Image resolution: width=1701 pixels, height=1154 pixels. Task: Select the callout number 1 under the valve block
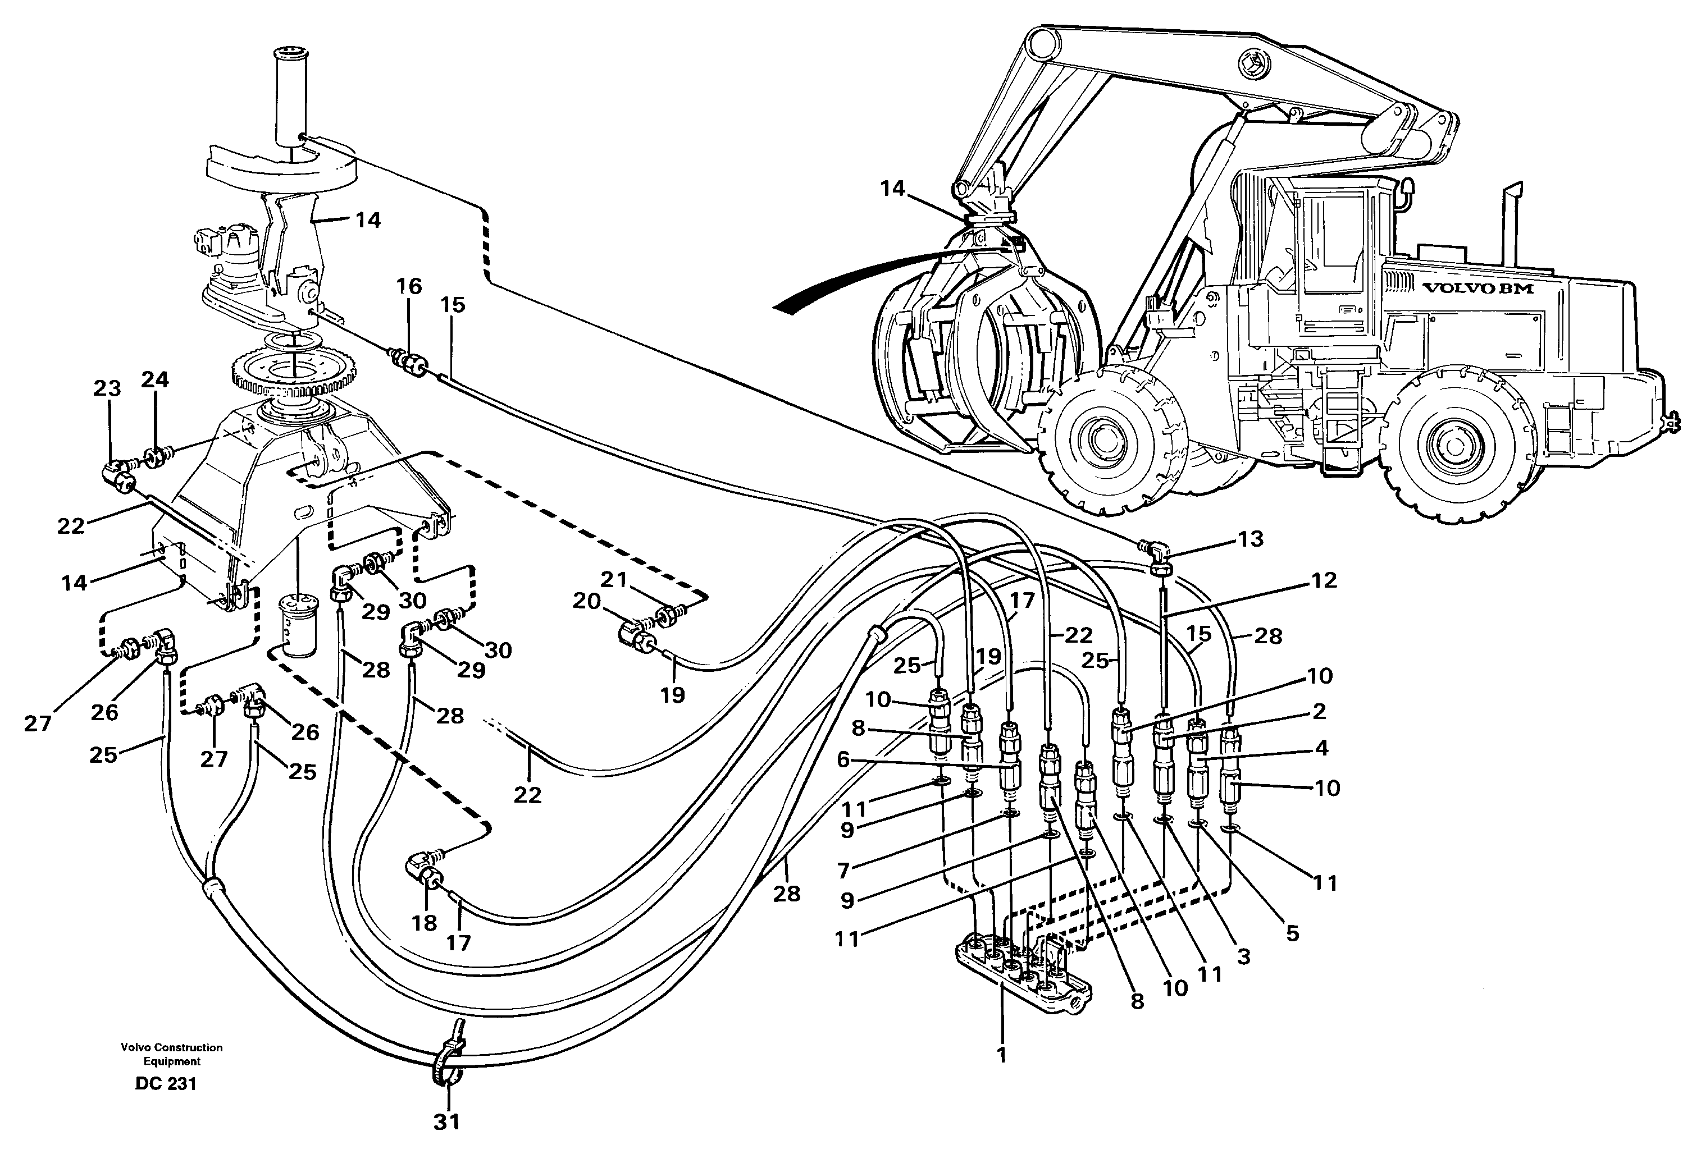pyautogui.click(x=1002, y=1055)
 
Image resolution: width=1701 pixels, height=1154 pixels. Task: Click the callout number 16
pyautogui.click(x=409, y=286)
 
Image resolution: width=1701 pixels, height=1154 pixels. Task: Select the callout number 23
pyautogui.click(x=107, y=388)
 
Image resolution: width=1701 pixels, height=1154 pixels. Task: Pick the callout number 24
pyautogui.click(x=155, y=379)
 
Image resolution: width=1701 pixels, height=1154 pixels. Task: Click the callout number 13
pyautogui.click(x=1250, y=539)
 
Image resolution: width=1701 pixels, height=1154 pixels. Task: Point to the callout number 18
pyautogui.click(x=425, y=923)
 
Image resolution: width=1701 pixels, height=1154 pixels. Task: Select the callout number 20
pyautogui.click(x=586, y=601)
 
